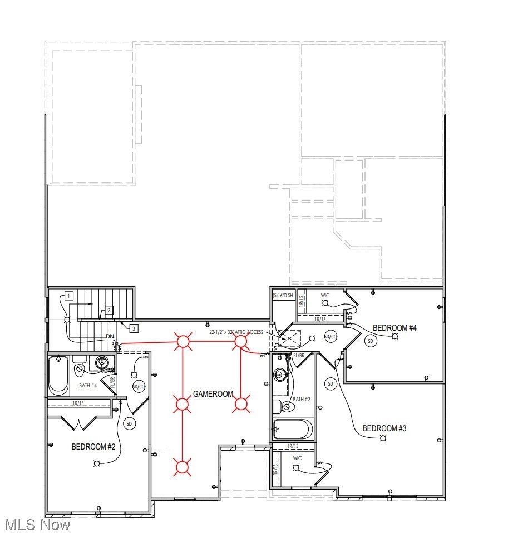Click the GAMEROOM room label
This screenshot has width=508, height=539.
pyautogui.click(x=213, y=394)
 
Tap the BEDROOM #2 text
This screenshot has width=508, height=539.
pyautogui.click(x=93, y=447)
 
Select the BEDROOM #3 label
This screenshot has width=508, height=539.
pyautogui.click(x=384, y=428)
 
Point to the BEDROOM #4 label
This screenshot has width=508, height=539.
pyautogui.click(x=394, y=328)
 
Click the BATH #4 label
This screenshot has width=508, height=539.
pyautogui.click(x=87, y=385)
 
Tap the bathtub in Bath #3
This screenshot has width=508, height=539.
pyautogui.click(x=293, y=430)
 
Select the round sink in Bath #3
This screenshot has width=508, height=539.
pyautogui.click(x=280, y=375)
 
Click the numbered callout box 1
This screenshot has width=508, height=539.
pyautogui.click(x=68, y=296)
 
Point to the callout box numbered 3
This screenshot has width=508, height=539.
pyautogui.click(x=134, y=328)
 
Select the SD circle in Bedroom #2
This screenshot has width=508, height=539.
pyautogui.click(x=130, y=424)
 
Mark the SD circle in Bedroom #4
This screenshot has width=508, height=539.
pyautogui.click(x=371, y=341)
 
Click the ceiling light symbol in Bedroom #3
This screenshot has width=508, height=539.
pyautogui.click(x=383, y=439)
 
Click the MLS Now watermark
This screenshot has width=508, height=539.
pyautogui.click(x=37, y=525)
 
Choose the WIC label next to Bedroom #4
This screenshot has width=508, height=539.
pyautogui.click(x=325, y=295)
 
